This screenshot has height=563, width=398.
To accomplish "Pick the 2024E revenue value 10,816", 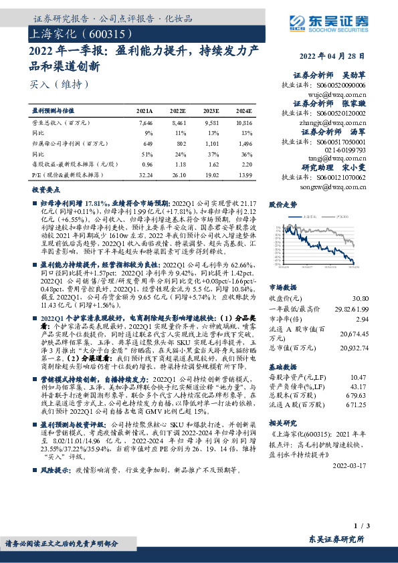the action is pos(243,124).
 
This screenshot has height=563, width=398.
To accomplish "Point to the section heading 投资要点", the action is pos(45,191).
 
